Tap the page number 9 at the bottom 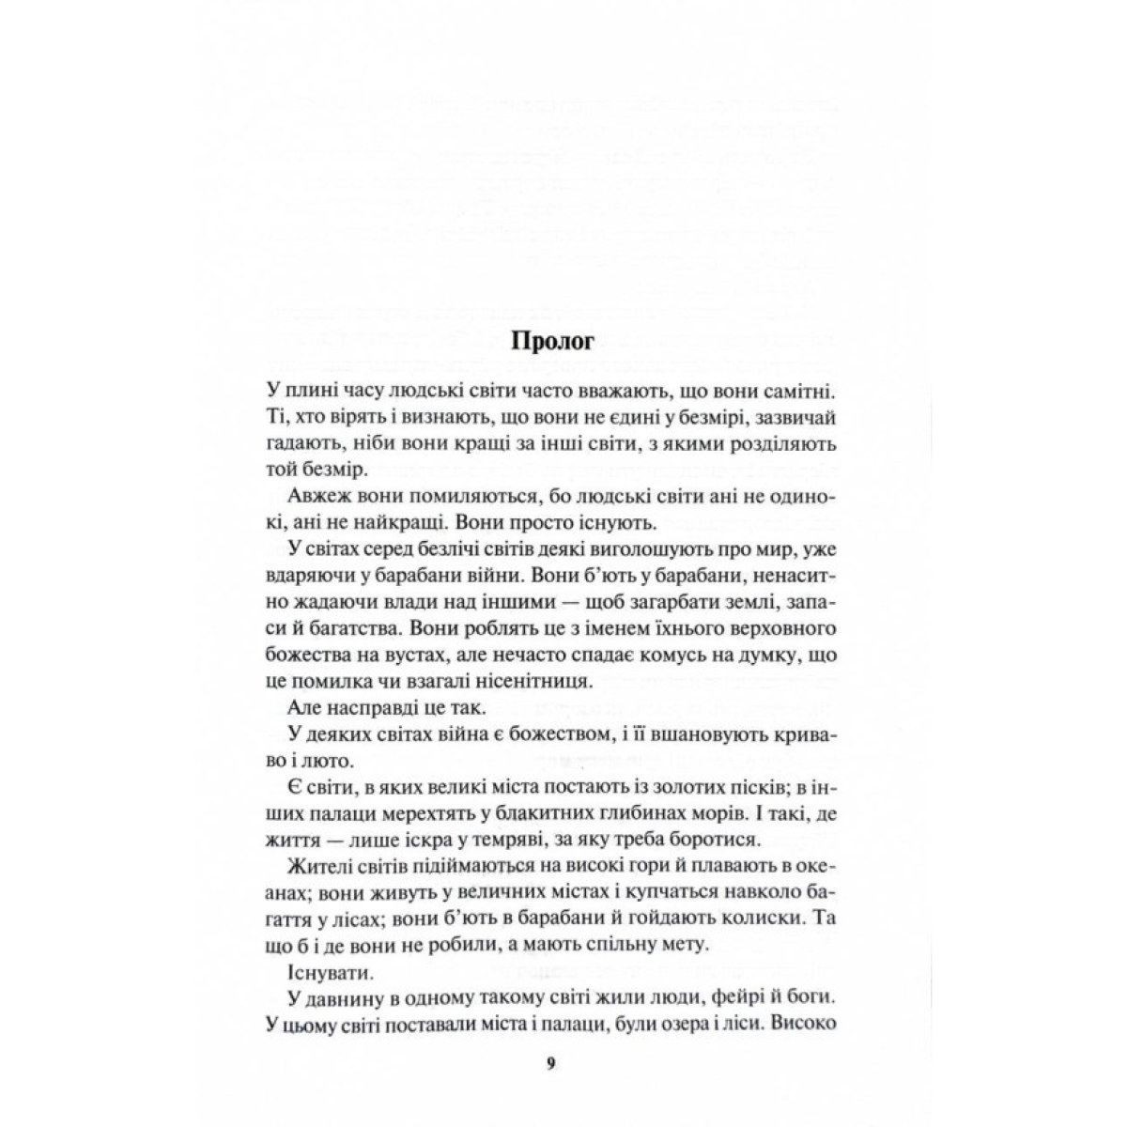551,1063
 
